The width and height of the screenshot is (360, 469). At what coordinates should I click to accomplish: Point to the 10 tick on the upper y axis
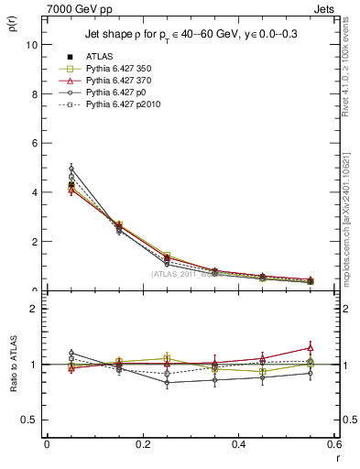[34, 44]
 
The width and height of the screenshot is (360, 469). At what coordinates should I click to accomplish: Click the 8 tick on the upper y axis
[36, 93]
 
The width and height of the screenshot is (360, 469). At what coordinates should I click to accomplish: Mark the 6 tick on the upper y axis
[36, 143]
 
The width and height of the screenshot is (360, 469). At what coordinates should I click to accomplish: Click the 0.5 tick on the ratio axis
[32, 420]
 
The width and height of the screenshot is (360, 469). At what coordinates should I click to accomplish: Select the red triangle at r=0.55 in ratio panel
[311, 347]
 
